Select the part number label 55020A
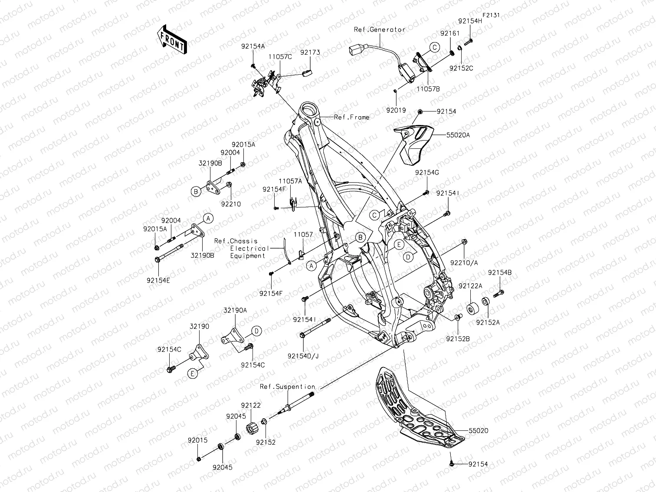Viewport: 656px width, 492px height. click(x=458, y=135)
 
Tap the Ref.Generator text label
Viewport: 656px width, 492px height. click(x=379, y=30)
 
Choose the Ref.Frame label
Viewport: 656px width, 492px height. click(x=351, y=117)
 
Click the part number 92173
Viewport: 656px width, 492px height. click(x=310, y=52)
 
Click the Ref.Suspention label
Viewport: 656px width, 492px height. click(x=287, y=387)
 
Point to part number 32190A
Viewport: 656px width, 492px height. click(x=235, y=311)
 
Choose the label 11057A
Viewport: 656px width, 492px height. click(x=290, y=181)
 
